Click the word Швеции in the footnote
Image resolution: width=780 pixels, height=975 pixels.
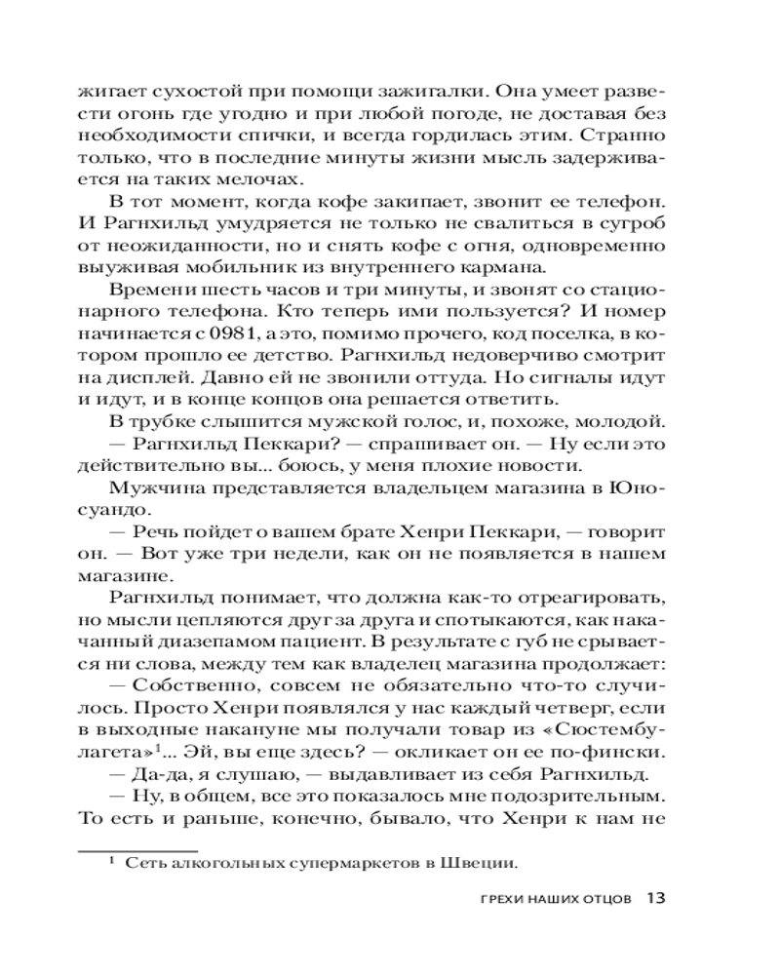483,861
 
